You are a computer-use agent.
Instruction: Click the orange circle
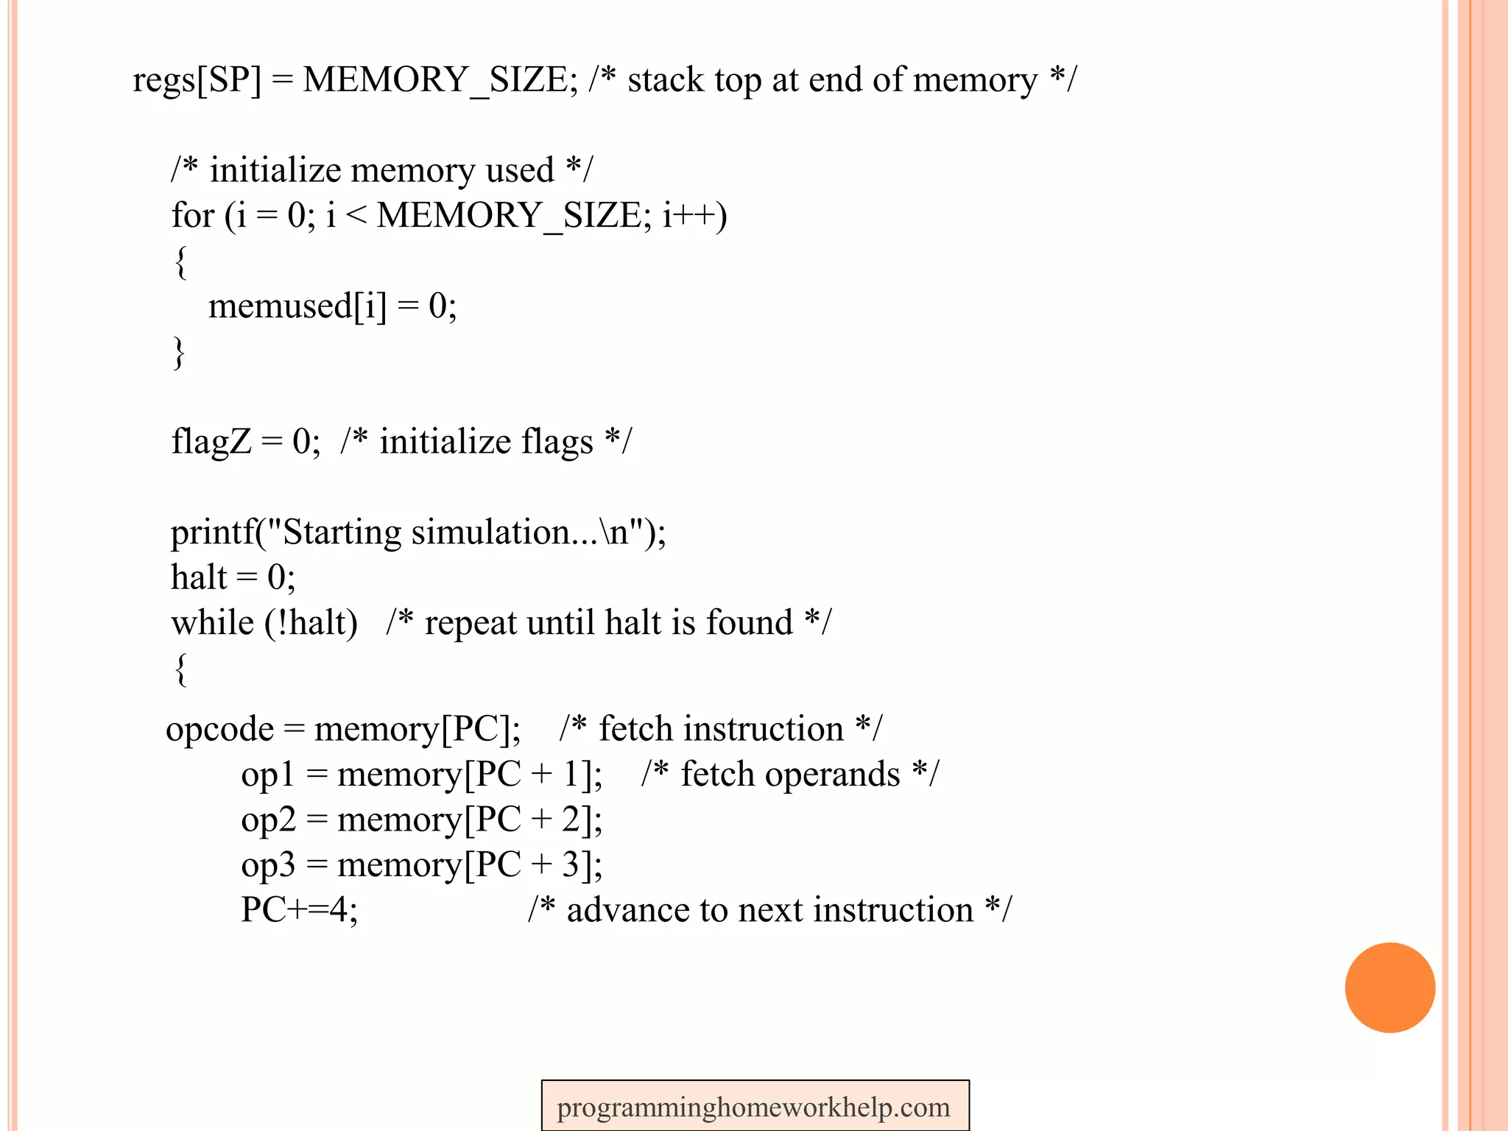pyautogui.click(x=1389, y=987)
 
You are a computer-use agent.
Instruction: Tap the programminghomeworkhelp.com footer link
pyautogui.click(x=754, y=1107)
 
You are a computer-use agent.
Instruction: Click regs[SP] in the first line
pyautogui.click(x=197, y=80)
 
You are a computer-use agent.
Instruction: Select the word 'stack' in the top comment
pyautogui.click(x=665, y=80)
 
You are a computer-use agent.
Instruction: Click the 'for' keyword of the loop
pyautogui.click(x=192, y=216)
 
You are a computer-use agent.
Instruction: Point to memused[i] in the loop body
pyautogui.click(x=297, y=306)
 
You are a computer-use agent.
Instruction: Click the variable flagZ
pyautogui.click(x=211, y=442)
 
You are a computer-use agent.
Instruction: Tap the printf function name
pyautogui.click(x=212, y=532)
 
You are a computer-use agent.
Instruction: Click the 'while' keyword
pyautogui.click(x=212, y=623)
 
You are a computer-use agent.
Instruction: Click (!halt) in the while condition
pyautogui.click(x=311, y=623)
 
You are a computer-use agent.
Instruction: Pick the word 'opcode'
pyautogui.click(x=219, y=729)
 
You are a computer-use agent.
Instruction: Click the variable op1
pyautogui.click(x=267, y=775)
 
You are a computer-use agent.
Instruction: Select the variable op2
pyautogui.click(x=267, y=820)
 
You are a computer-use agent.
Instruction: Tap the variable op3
pyautogui.click(x=267, y=865)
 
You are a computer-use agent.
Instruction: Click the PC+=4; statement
pyautogui.click(x=299, y=910)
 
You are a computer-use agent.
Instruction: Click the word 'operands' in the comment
pyautogui.click(x=790, y=775)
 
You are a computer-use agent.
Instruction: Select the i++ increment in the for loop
pyautogui.click(x=694, y=216)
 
